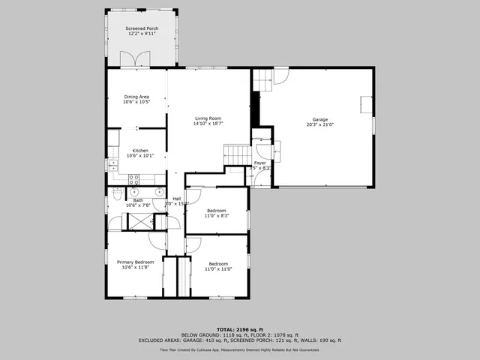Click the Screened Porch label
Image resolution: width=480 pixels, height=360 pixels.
click(x=142, y=28)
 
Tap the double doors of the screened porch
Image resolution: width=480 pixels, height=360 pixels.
click(x=142, y=58)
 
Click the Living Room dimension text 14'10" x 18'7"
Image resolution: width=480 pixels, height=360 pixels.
click(x=209, y=123)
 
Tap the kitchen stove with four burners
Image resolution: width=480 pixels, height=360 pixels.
click(x=135, y=179)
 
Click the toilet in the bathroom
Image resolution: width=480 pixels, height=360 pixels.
click(x=117, y=194)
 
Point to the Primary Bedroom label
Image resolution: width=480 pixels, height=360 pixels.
click(x=135, y=262)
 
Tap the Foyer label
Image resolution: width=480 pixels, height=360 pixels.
click(x=260, y=163)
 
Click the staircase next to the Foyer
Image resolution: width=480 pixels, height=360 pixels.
click(x=238, y=155)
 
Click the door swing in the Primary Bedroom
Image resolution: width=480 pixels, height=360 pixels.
click(x=157, y=241)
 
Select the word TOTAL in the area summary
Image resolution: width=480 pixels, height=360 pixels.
click(x=226, y=329)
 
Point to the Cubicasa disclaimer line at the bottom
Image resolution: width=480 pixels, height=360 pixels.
click(x=240, y=349)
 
